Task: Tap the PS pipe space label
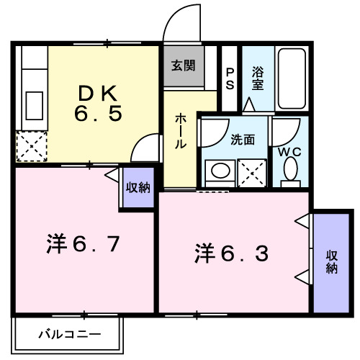pyautogui.click(x=230, y=78)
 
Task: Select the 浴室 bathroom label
pyautogui.click(x=257, y=78)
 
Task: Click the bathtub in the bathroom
pyautogui.click(x=292, y=79)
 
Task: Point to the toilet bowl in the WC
pyautogui.click(x=291, y=171)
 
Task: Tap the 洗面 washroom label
pyautogui.click(x=243, y=140)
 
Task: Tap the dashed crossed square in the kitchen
pyautogui.click(x=30, y=147)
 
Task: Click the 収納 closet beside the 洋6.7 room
pyautogui.click(x=138, y=188)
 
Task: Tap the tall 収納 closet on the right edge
pyautogui.click(x=330, y=261)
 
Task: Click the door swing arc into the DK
pyautogui.click(x=144, y=147)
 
